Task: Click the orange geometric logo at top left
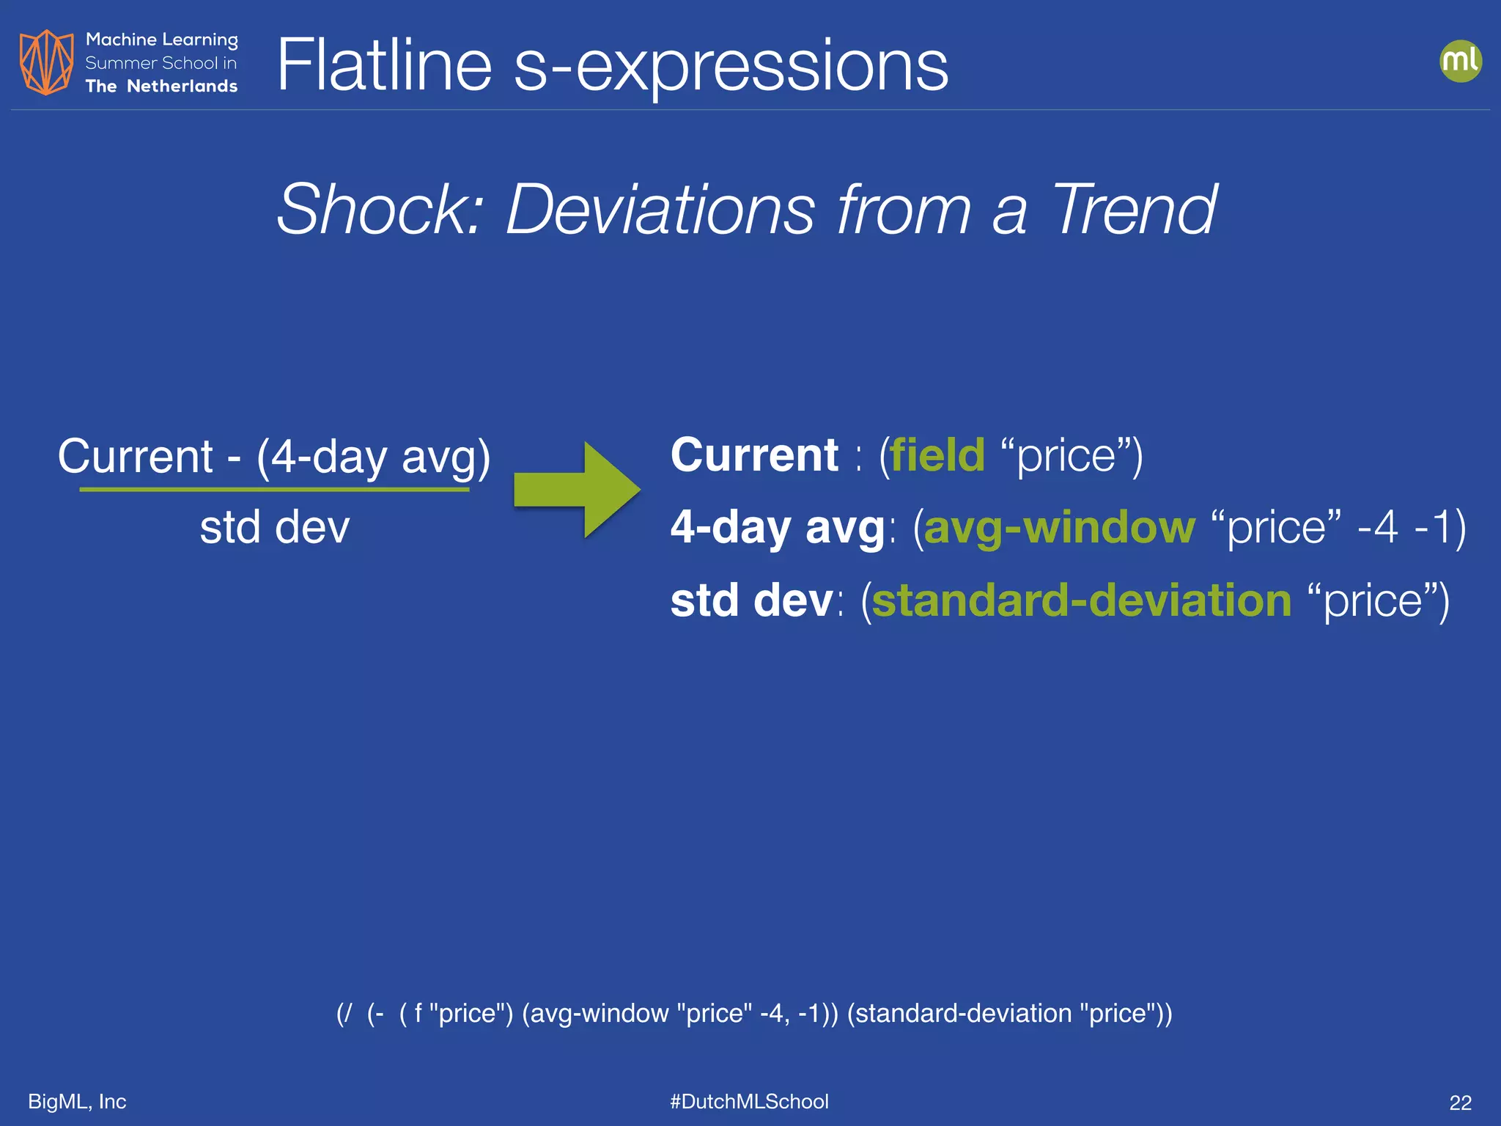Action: (46, 62)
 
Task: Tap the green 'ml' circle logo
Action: (1460, 61)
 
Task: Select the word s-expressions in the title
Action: (731, 67)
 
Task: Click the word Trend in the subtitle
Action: (1134, 210)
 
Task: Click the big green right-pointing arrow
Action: (577, 490)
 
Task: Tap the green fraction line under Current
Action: (274, 489)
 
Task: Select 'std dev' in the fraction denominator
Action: (275, 527)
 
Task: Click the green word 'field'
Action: (937, 455)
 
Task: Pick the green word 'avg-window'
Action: (1059, 527)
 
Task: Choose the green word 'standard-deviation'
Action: (1081, 600)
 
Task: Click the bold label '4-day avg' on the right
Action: (778, 527)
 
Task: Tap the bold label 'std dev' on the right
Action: (751, 600)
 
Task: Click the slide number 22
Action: (1460, 1103)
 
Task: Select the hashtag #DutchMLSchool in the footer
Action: (749, 1101)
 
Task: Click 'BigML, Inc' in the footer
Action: (77, 1101)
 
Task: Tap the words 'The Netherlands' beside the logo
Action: (161, 87)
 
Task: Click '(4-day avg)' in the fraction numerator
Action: (373, 457)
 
